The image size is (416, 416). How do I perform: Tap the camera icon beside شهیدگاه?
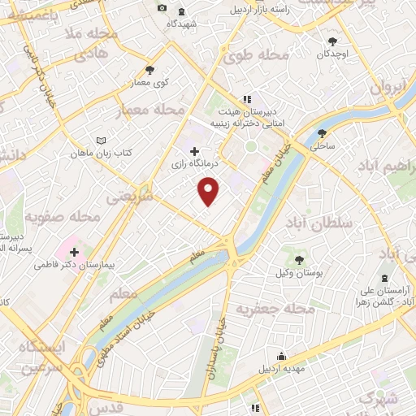pyautogui.click(x=162, y=8)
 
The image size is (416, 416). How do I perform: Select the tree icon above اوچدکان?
pyautogui.click(x=331, y=41)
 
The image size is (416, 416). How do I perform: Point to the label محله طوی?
pyautogui.click(x=264, y=55)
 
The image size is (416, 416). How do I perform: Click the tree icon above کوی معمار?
pyautogui.click(x=149, y=70)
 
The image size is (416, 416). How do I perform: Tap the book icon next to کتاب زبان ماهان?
pyautogui.click(x=100, y=140)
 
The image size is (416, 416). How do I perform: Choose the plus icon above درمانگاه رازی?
pyautogui.click(x=193, y=151)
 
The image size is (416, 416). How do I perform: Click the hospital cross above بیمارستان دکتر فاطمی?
pyautogui.click(x=74, y=252)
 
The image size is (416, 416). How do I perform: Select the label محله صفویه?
pyautogui.click(x=61, y=218)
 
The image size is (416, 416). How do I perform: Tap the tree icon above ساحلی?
pyautogui.click(x=323, y=133)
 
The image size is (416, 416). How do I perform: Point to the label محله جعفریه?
pyautogui.click(x=275, y=310)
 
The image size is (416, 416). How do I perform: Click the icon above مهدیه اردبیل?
pyautogui.click(x=281, y=356)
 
